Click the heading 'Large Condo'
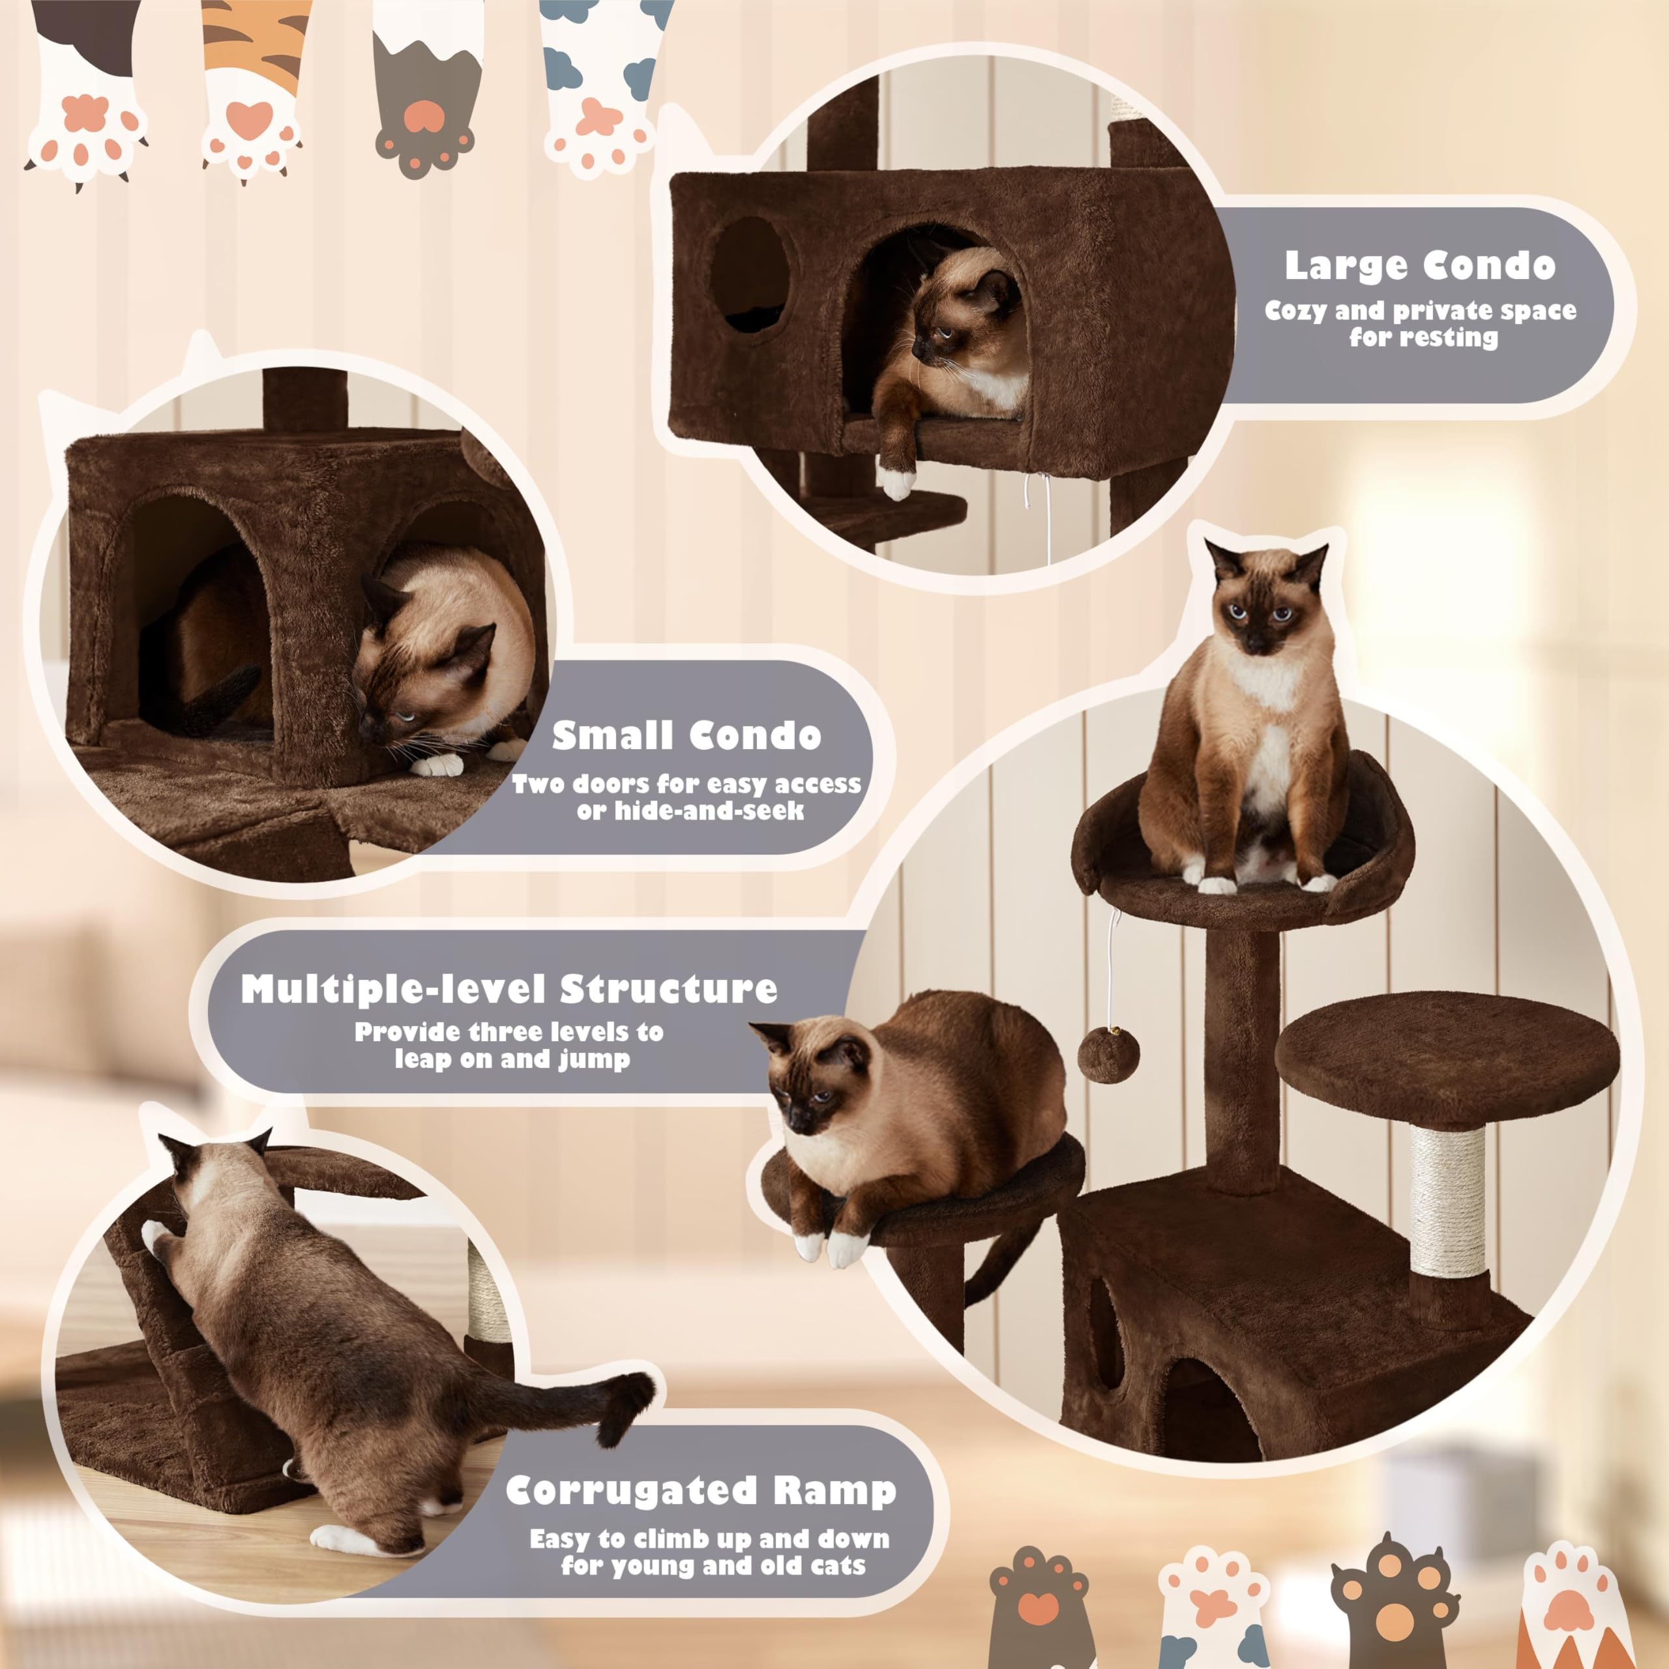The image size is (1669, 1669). [1419, 265]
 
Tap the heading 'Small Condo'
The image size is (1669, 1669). [687, 736]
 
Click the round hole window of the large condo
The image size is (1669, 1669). [750, 274]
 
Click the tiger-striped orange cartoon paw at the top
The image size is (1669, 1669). [250, 95]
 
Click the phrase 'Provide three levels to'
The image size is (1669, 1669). [509, 1032]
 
